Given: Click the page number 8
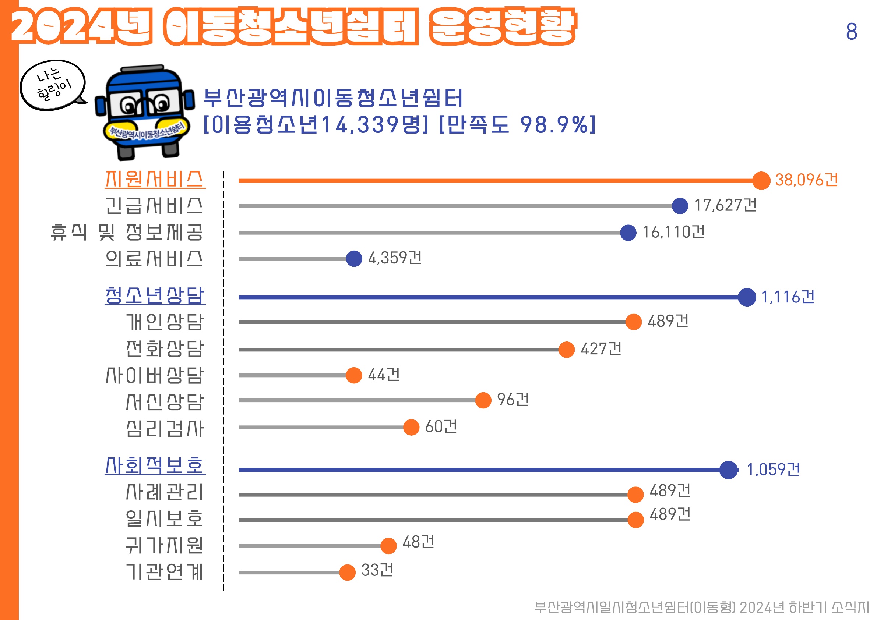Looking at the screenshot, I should [851, 31].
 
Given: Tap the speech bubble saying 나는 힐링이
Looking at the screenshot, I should [53, 85].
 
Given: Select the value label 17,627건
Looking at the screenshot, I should [725, 205].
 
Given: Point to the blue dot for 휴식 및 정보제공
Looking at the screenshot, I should [628, 233].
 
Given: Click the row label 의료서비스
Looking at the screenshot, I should [154, 259].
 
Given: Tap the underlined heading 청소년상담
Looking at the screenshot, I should [155, 295].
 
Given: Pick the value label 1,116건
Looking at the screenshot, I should [788, 297].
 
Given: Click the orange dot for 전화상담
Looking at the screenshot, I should [567, 349].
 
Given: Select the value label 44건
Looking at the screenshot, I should [384, 375].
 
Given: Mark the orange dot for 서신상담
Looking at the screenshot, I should [483, 400].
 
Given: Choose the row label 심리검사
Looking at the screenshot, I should [165, 428].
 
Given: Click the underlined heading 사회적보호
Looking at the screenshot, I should [155, 465].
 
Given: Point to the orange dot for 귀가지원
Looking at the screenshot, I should [388, 546].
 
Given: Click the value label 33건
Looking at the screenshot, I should [377, 570].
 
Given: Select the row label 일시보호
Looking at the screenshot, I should [165, 518].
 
